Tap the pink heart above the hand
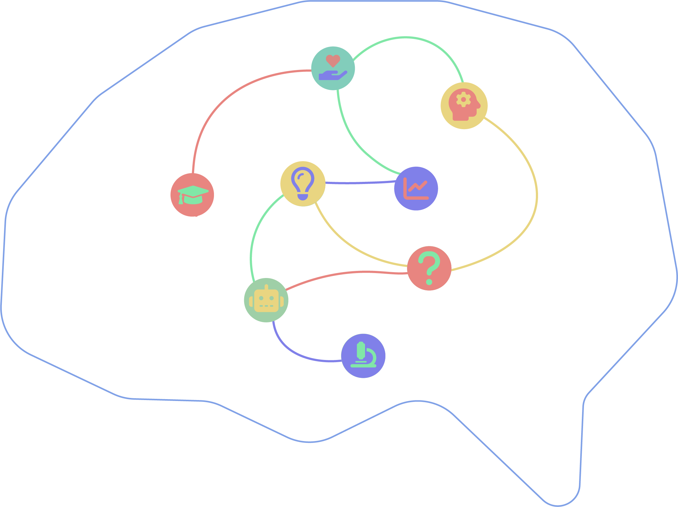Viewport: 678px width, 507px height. click(333, 60)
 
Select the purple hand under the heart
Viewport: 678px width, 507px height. click(331, 76)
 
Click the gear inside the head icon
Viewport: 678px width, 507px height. click(463, 99)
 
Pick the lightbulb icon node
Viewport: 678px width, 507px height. click(303, 184)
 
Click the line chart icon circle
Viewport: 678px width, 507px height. click(416, 188)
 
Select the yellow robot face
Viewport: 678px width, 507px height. click(266, 301)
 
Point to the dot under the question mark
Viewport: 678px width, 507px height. click(429, 282)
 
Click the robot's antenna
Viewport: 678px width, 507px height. click(266, 287)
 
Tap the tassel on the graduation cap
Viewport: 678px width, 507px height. click(181, 200)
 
